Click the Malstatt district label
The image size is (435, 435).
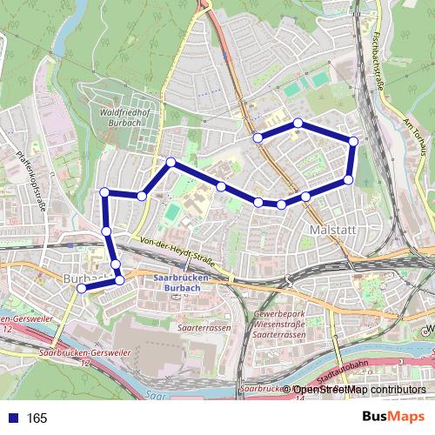pyautogui.click(x=330, y=228)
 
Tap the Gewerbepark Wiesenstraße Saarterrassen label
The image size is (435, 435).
pyautogui.click(x=278, y=324)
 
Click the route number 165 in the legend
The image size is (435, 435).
pyautogui.click(x=37, y=418)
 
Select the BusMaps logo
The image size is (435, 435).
pyautogui.click(x=393, y=418)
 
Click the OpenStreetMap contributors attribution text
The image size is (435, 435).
pyautogui.click(x=359, y=390)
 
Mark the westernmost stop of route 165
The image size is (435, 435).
pyautogui.click(x=82, y=288)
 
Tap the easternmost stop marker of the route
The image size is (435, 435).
pyautogui.click(x=353, y=141)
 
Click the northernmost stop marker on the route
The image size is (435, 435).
pyautogui.click(x=298, y=123)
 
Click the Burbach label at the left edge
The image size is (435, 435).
pyautogui.click(x=81, y=278)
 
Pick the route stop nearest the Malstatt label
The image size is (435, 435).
pyautogui.click(x=306, y=197)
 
